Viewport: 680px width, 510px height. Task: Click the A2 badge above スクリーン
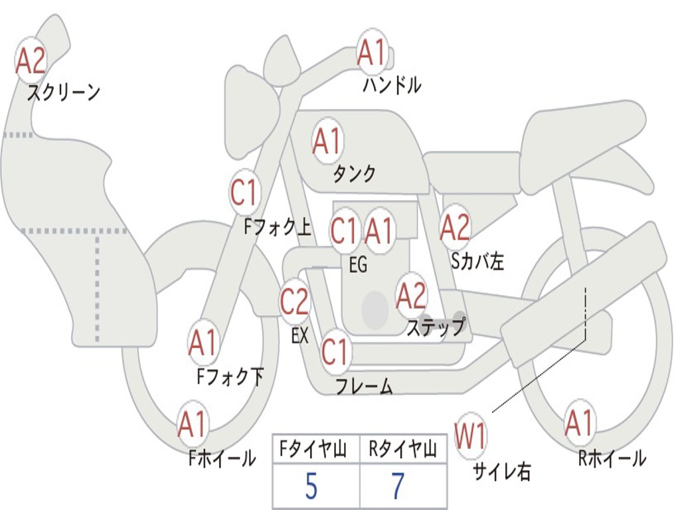coord(31,60)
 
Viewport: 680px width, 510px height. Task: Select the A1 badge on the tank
coord(327,141)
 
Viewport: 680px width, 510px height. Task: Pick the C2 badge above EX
coord(294,302)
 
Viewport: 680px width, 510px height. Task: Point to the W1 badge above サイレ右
coord(470,436)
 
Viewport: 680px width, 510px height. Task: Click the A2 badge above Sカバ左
coord(455,227)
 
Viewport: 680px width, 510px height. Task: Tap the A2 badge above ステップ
coord(411,296)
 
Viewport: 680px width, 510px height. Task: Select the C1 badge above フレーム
coord(335,351)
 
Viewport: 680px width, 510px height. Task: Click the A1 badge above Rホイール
coord(579,423)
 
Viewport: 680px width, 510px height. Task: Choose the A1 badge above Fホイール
coord(192,425)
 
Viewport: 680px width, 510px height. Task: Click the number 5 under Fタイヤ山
coord(311,487)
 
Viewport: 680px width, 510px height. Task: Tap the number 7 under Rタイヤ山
coord(397,487)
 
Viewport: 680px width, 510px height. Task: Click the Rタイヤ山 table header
coord(402,450)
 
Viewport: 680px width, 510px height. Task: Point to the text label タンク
coord(354,174)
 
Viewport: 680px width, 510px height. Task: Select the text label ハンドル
coord(392,85)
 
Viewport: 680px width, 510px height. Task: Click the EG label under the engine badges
coord(358,265)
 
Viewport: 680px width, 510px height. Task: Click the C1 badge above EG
coord(344,230)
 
